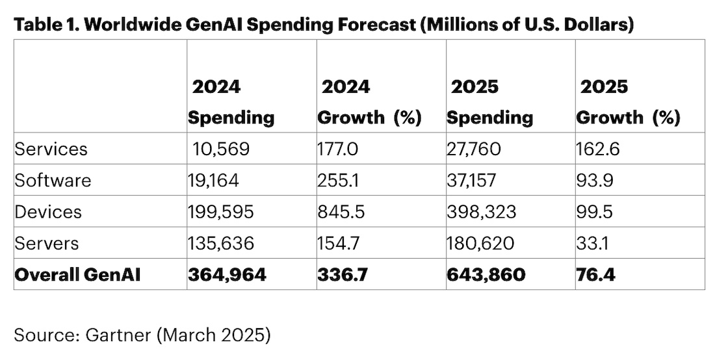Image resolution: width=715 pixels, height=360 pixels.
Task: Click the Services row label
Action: (51, 149)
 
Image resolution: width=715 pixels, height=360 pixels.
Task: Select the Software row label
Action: (53, 180)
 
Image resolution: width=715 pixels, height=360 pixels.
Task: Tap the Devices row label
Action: (49, 212)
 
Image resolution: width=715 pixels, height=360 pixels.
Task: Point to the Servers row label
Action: (47, 243)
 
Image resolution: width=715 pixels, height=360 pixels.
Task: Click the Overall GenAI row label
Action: (77, 274)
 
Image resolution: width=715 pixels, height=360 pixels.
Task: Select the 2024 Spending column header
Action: (231, 102)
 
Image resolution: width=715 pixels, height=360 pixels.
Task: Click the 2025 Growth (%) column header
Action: (628, 102)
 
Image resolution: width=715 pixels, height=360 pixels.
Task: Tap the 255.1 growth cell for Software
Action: (335, 180)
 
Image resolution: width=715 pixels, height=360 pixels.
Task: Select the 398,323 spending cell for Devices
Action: (482, 212)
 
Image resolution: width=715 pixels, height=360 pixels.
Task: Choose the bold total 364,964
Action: (227, 274)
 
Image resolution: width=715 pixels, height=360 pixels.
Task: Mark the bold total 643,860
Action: (486, 274)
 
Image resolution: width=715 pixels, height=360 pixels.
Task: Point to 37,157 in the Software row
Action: (473, 180)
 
